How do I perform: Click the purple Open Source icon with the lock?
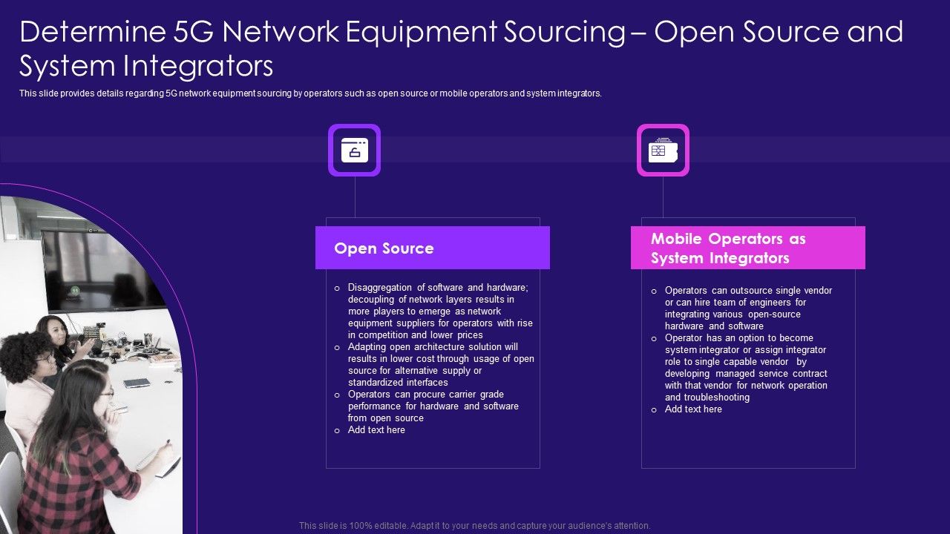tap(354, 150)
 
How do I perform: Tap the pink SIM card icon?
tap(662, 150)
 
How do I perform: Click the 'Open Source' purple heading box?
tap(432, 248)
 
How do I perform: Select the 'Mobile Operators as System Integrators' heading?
tap(747, 248)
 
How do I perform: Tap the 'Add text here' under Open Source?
tap(376, 430)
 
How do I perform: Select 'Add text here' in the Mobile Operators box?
tap(693, 409)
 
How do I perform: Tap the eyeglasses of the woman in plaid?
tap(108, 393)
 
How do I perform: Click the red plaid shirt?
tap(74, 475)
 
